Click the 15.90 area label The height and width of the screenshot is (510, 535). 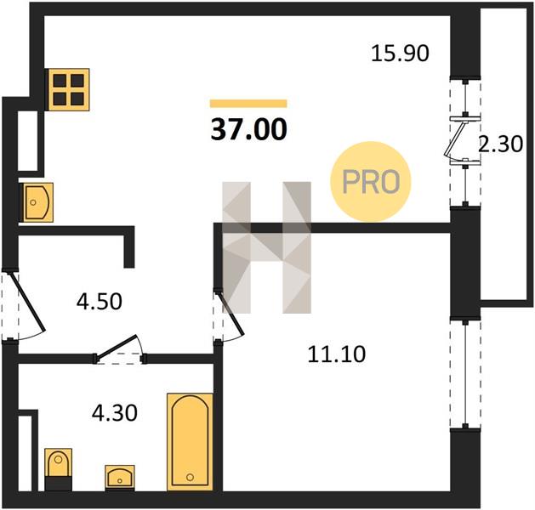400,54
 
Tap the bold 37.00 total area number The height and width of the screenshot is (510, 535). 248,129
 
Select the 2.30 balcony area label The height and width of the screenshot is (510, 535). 500,144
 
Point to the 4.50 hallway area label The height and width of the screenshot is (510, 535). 99,302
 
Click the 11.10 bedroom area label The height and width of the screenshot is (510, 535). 337,354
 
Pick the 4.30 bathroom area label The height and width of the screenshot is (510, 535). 115,412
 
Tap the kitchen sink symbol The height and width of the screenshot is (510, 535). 38,202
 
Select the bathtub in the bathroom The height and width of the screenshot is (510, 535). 190,442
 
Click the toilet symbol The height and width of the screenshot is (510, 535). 59,469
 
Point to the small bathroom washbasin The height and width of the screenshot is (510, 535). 119,478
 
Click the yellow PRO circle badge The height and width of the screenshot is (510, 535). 371,182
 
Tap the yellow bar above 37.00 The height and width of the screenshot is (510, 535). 248,104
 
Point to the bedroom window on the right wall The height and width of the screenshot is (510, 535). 465,374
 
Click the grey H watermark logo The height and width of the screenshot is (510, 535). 266,247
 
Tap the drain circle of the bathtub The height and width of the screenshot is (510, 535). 190,477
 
